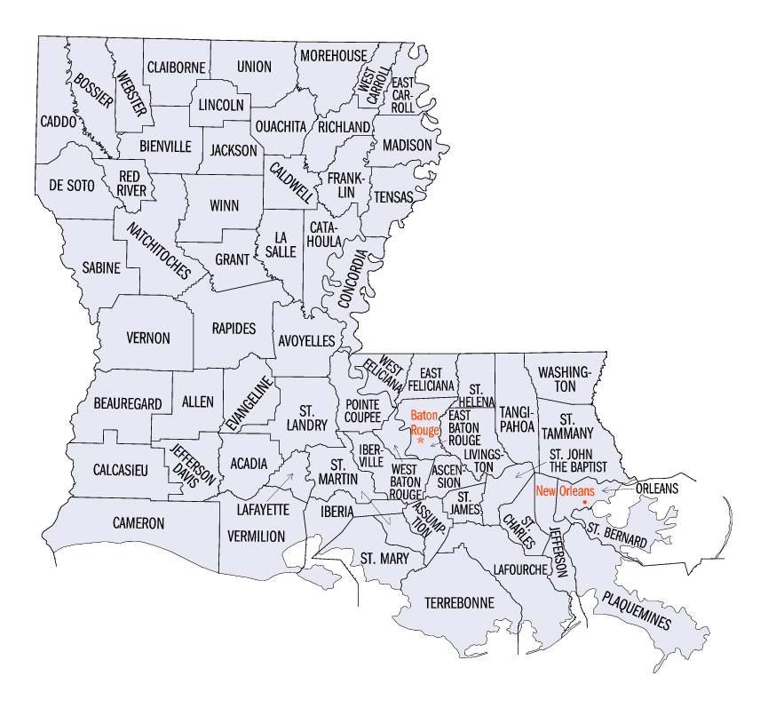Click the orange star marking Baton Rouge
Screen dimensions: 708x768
tap(420, 440)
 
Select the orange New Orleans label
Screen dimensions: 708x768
tap(565, 489)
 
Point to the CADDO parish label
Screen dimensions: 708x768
tap(56, 119)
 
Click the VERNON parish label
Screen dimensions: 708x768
tap(147, 338)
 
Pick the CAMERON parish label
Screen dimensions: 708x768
tap(139, 523)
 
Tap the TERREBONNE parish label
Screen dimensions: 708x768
tap(458, 602)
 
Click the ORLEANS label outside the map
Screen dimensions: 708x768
tap(656, 488)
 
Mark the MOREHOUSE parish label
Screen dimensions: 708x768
tap(333, 55)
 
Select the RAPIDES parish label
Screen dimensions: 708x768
tap(234, 328)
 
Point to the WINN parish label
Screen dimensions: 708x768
tap(224, 205)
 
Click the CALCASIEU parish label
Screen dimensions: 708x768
tap(120, 467)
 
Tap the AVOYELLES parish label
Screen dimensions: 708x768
tap(306, 340)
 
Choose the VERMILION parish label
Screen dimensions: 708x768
tap(256, 536)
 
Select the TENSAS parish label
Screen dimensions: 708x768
tap(392, 196)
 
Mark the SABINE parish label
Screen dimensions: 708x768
tap(100, 266)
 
